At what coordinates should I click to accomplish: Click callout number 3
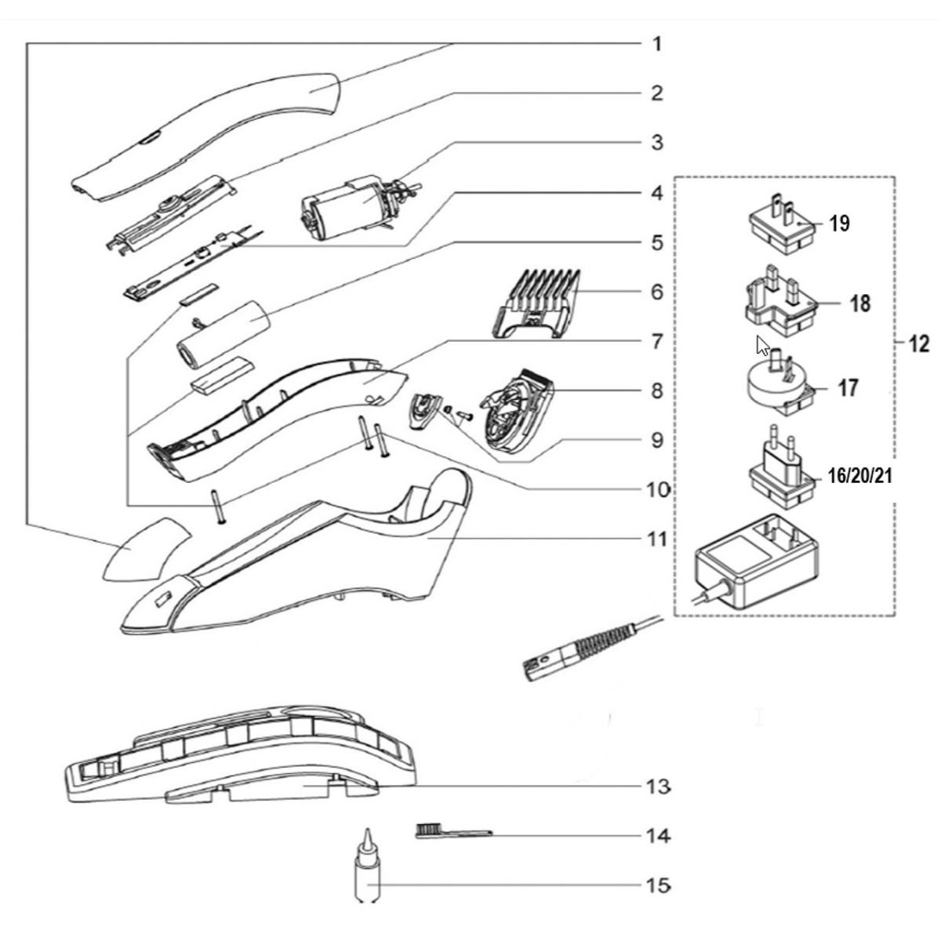(x=657, y=143)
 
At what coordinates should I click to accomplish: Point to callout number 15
(x=658, y=885)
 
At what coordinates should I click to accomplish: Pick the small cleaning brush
(x=451, y=830)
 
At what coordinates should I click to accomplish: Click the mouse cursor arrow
(x=761, y=345)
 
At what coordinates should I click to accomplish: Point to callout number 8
(x=657, y=391)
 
